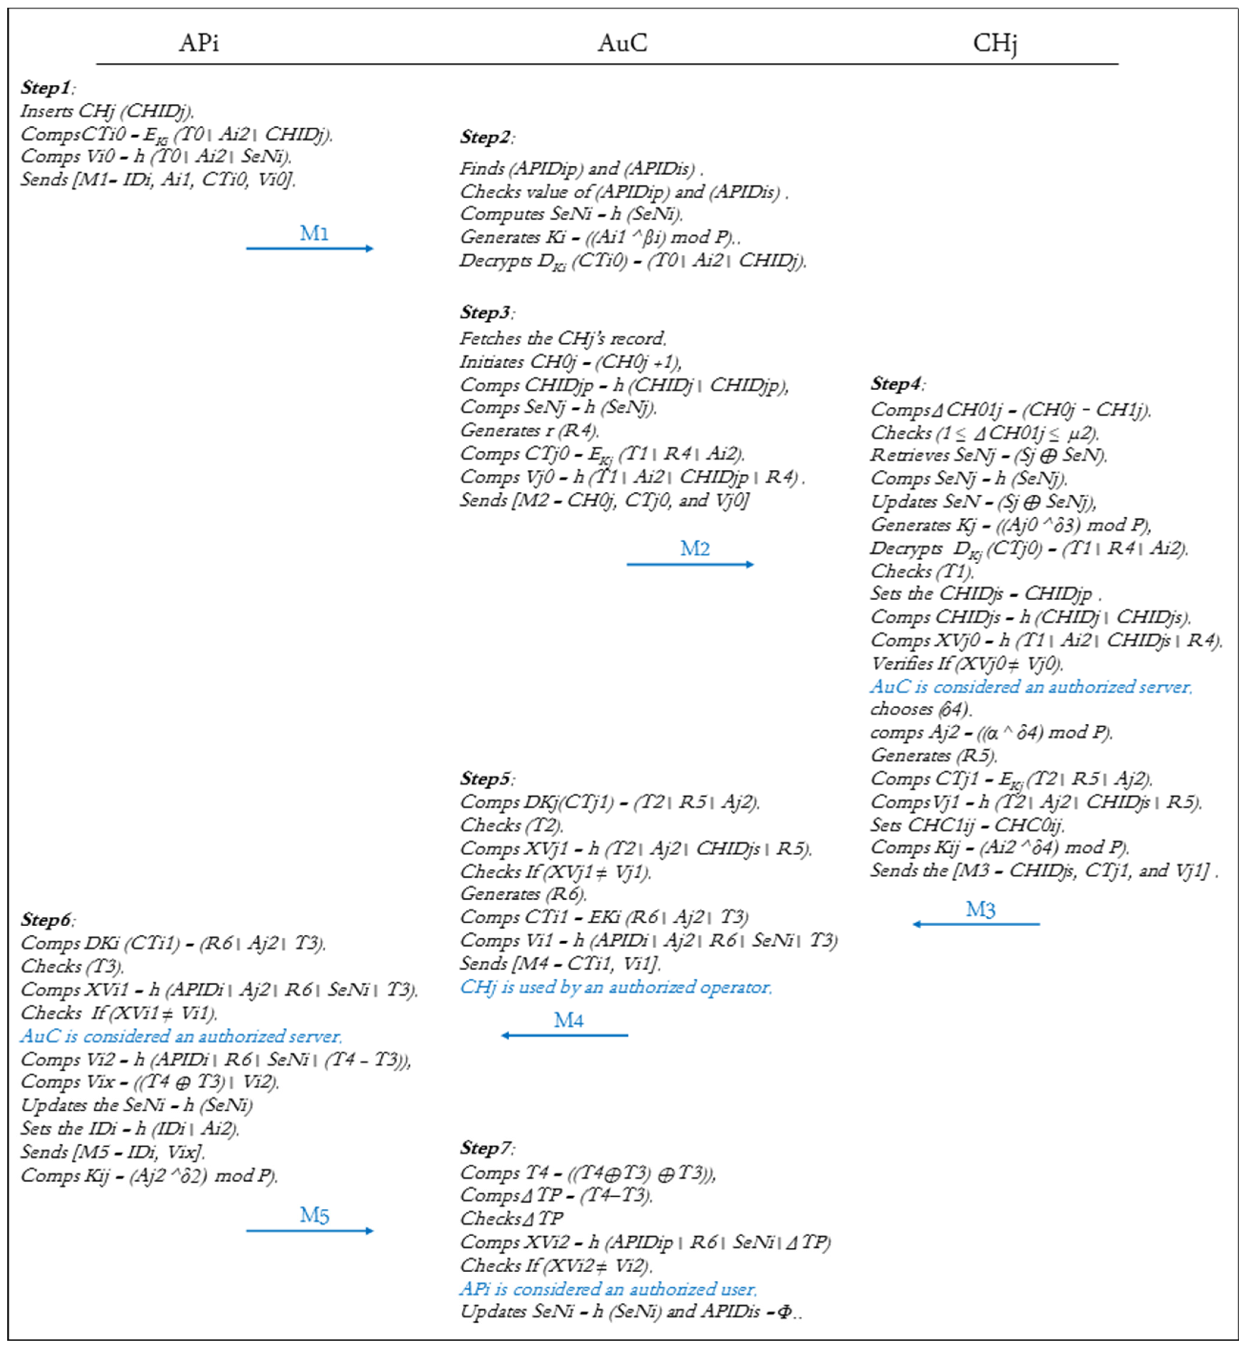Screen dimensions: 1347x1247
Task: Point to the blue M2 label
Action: (695, 548)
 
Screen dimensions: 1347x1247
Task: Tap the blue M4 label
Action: (569, 1020)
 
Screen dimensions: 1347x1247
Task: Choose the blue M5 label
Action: (315, 1216)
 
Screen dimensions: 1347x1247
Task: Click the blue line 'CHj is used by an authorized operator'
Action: (615, 987)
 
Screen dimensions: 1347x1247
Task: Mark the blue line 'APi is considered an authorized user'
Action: (608, 1289)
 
